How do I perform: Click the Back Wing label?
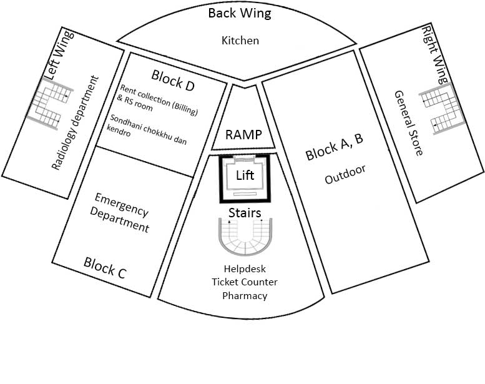240,14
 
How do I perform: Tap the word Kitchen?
240,41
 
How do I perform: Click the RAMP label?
243,135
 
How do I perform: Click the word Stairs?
244,214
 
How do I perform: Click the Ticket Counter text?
245,283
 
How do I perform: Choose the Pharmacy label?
245,295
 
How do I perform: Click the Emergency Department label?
122,213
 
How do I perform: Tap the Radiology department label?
76,123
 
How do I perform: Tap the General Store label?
409,123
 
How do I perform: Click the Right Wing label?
436,55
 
